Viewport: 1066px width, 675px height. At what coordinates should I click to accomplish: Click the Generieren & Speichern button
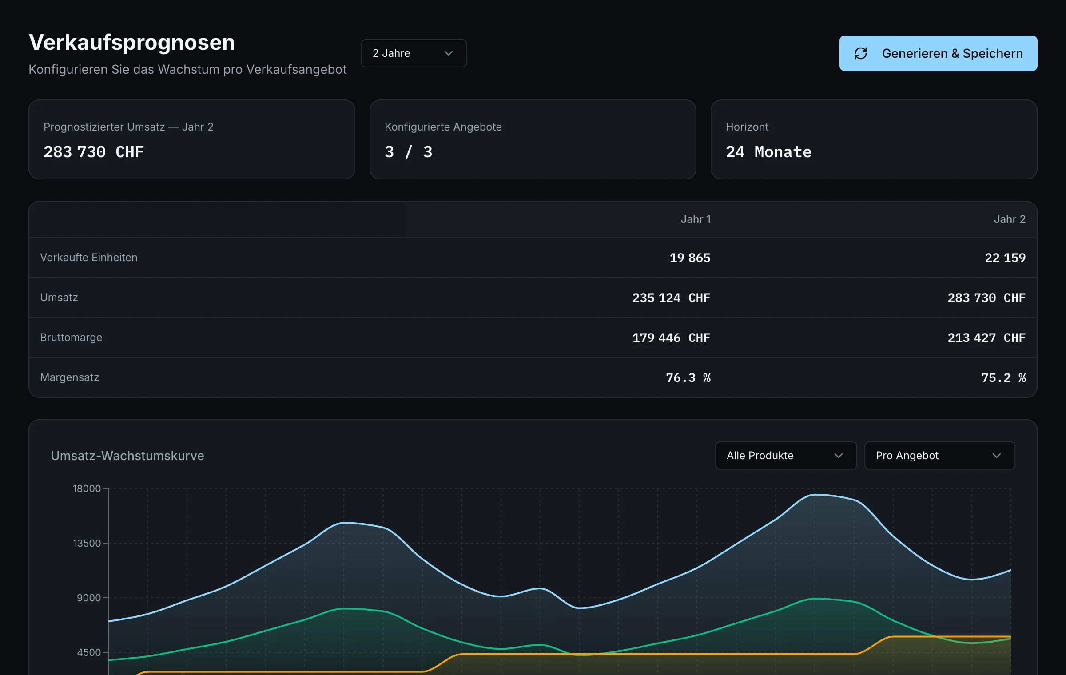(x=938, y=53)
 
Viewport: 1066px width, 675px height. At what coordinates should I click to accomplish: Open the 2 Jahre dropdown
(x=414, y=53)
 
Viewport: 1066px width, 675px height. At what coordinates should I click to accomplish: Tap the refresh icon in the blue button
(x=861, y=53)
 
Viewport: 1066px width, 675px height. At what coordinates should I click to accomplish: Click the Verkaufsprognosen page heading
(x=132, y=43)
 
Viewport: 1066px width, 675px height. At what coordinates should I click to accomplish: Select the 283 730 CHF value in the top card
(x=94, y=152)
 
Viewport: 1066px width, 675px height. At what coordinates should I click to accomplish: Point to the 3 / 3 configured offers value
(x=408, y=152)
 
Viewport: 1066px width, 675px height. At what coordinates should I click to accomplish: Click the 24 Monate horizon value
(x=768, y=152)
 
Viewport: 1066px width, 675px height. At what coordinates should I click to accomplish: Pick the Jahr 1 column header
(x=696, y=219)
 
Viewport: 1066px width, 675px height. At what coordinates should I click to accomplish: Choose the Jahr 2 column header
(x=1010, y=219)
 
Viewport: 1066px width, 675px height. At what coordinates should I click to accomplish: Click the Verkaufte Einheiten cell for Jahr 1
(x=690, y=258)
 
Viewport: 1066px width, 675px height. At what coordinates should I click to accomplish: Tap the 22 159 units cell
(x=1005, y=258)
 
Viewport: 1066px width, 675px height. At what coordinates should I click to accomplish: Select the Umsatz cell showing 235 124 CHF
(x=671, y=298)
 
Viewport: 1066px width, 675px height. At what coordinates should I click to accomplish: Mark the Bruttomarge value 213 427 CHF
(x=986, y=337)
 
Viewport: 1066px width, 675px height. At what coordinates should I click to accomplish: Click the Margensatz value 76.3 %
(x=688, y=377)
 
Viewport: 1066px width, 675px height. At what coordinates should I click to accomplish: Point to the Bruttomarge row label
(x=71, y=337)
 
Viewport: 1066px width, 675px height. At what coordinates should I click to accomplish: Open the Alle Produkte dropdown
(x=786, y=456)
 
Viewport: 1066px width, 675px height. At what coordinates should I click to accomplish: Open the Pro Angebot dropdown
(x=939, y=456)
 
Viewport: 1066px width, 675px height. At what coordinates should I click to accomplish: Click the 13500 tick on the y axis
(x=87, y=543)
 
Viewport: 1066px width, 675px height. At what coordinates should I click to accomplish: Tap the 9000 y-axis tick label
(x=89, y=598)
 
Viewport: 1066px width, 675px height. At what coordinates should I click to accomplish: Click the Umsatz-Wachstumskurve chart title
(x=127, y=456)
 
